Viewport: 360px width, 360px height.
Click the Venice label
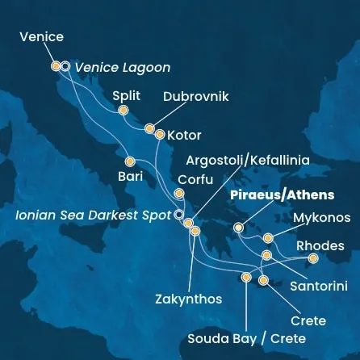43,37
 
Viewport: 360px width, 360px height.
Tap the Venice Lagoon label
123,68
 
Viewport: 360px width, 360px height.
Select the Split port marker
123,111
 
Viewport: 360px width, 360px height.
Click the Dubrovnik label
196,97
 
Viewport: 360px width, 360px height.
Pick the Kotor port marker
159,135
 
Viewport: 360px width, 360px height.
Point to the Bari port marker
130,161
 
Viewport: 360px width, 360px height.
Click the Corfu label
195,179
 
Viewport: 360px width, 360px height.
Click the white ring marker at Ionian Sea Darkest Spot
178,216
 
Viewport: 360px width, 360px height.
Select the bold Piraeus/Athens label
283,196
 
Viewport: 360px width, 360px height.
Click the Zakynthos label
188,299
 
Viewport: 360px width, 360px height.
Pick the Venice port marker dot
56,67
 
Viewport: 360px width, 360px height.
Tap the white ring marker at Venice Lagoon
65,67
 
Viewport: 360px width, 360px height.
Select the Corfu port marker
178,194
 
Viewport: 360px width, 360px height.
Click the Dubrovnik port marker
149,128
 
